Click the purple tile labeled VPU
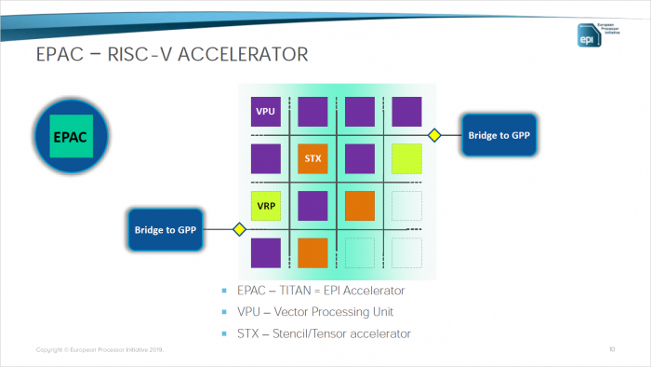point(265,113)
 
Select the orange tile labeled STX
point(312,159)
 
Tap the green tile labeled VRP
point(265,206)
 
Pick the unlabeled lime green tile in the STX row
point(406,159)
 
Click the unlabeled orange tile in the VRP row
point(360,206)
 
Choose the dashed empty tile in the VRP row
point(406,206)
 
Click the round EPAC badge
point(71,136)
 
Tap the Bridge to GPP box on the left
point(163,229)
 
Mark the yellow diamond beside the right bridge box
point(433,136)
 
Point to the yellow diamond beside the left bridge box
point(239,229)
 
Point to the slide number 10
point(612,349)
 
